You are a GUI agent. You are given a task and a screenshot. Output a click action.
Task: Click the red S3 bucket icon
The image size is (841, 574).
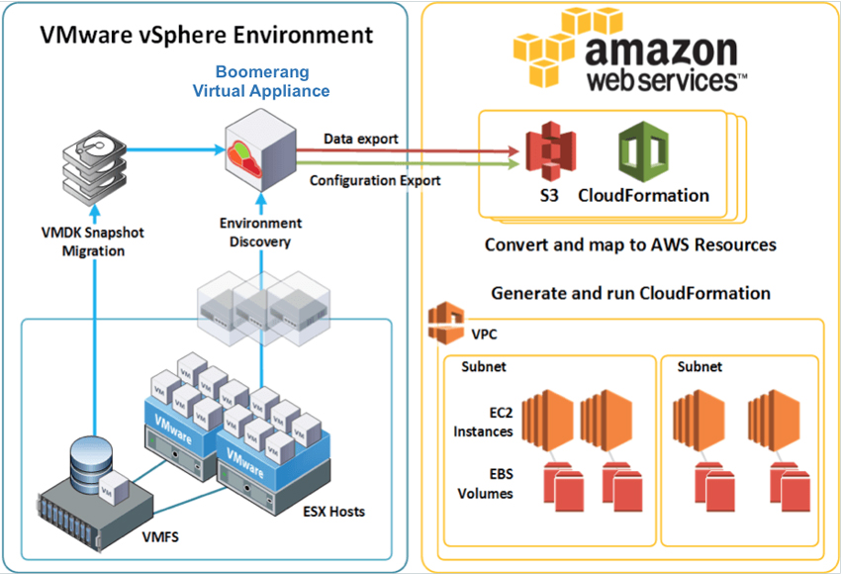550,151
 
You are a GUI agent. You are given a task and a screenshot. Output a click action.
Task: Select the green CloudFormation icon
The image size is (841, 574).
643,151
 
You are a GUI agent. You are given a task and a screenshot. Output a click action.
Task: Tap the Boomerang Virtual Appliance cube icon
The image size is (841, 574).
260,150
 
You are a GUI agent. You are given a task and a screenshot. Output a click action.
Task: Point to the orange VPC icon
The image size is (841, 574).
446,323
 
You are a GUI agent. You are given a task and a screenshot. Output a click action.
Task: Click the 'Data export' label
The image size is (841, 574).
361,139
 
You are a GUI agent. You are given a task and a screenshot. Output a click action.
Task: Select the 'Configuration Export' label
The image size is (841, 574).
375,181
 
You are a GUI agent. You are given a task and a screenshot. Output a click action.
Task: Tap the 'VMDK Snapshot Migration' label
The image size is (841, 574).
93,241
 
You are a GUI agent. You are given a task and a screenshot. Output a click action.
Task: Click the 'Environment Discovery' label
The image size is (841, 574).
260,233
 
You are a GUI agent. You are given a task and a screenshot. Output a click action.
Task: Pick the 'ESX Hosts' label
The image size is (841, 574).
334,512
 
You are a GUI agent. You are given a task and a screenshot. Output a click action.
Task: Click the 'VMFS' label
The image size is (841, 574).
160,536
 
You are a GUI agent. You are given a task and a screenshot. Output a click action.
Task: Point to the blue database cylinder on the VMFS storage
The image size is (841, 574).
92,461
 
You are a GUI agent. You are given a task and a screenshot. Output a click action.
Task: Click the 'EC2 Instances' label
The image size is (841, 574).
483,423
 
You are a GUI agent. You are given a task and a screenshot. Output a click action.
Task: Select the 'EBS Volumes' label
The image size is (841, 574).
486,484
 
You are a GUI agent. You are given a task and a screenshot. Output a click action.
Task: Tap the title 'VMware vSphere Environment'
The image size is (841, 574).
207,35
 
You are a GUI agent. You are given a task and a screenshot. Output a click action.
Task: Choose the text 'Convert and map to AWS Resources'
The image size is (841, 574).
631,244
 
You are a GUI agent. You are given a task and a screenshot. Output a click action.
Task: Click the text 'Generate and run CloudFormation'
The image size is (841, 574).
631,294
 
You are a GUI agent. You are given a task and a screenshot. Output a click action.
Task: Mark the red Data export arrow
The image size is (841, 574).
409,151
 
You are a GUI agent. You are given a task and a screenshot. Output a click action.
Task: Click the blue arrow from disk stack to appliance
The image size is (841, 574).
176,149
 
